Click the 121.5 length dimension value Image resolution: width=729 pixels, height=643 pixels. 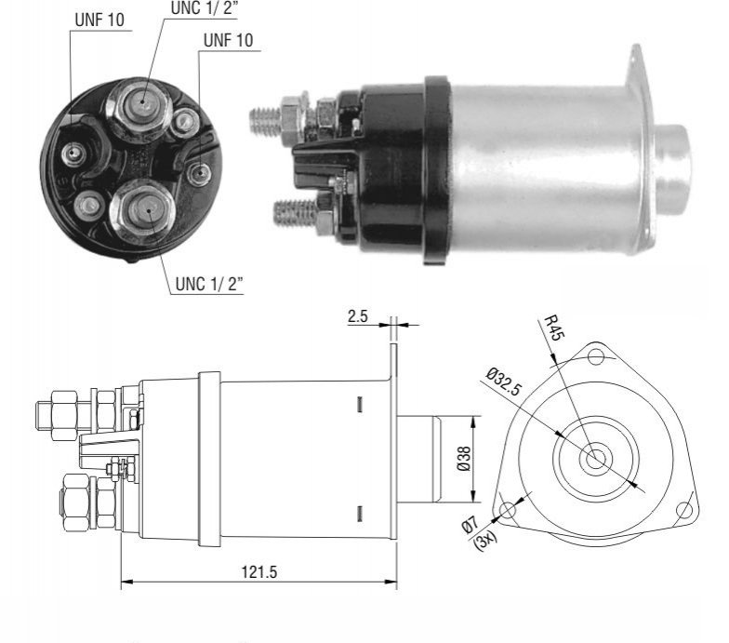(258, 571)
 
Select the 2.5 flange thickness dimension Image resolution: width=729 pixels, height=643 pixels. (357, 316)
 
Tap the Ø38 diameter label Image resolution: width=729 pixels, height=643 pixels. (463, 459)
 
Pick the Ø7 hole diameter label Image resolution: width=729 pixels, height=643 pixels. (470, 525)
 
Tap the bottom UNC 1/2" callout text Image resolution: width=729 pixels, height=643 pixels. (209, 283)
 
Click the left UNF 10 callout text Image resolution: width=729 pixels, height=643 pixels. (99, 20)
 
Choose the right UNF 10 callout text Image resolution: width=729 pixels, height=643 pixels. (229, 40)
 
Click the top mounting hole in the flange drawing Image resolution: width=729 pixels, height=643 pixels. (596, 357)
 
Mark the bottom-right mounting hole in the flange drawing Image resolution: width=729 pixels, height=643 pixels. (684, 510)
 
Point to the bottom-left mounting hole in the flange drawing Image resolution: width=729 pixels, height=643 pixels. (508, 510)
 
